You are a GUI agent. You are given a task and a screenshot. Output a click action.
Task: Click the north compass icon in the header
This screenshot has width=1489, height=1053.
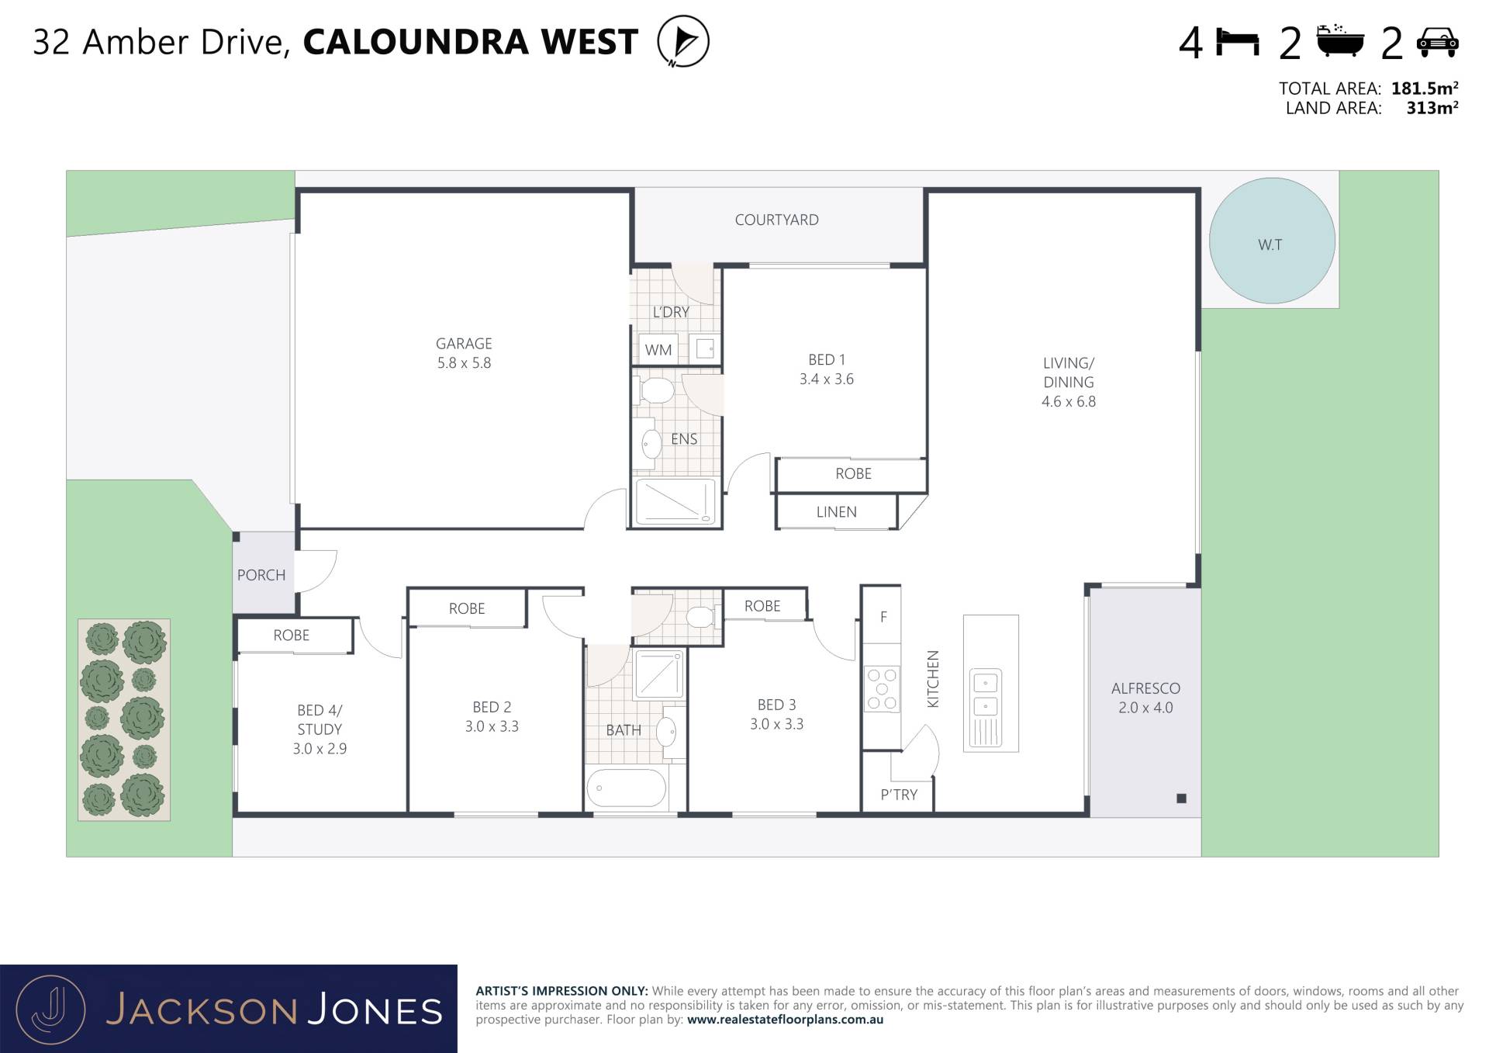(683, 41)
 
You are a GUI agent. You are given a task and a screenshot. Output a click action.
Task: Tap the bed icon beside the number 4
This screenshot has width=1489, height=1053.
(1237, 42)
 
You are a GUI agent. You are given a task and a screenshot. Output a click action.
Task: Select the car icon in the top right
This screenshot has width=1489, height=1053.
(1437, 42)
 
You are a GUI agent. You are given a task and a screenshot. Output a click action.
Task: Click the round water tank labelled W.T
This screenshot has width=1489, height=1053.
(1272, 241)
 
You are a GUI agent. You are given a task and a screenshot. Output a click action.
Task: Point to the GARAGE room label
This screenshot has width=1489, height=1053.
(464, 343)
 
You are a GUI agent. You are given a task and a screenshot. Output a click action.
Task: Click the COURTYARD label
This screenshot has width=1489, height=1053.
(776, 220)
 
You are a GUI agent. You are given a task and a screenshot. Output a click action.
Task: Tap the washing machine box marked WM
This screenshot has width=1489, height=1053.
(658, 349)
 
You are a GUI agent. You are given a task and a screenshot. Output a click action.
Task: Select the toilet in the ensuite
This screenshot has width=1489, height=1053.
(654, 390)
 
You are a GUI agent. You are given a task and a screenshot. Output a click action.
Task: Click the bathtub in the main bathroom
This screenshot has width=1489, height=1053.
(626, 789)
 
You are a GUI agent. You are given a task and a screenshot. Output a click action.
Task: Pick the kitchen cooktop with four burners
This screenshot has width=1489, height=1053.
(882, 688)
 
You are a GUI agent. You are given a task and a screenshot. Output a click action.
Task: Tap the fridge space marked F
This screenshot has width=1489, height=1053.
(883, 617)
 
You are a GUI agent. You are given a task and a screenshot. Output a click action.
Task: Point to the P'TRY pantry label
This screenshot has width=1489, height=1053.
(899, 795)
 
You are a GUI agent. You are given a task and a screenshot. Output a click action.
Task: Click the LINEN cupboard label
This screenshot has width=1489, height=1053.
(836, 512)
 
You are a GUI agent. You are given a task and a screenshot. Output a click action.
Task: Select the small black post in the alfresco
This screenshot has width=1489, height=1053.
(1181, 798)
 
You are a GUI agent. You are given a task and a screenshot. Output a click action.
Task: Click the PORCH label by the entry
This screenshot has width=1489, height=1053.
(261, 575)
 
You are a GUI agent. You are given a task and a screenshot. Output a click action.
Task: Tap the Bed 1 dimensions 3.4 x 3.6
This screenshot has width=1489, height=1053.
(827, 379)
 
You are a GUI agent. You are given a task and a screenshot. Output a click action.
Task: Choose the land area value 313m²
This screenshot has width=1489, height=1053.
(1432, 108)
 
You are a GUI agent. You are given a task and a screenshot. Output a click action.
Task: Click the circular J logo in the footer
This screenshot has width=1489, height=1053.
(50, 1010)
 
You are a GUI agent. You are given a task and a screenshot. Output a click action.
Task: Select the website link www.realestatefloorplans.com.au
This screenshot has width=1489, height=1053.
(785, 1020)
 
